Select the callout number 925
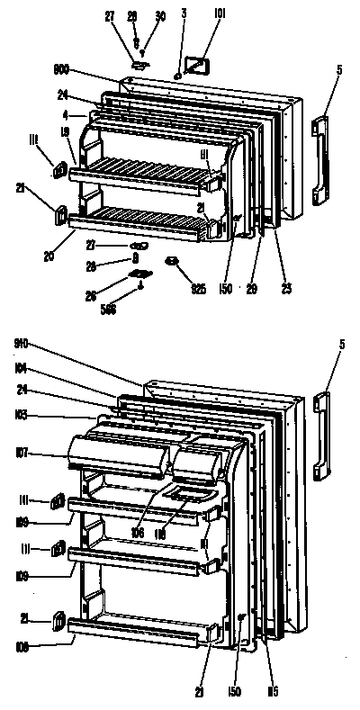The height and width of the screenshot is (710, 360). tap(197, 289)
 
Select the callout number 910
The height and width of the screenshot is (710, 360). tap(22, 343)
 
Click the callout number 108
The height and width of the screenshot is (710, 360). tap(22, 644)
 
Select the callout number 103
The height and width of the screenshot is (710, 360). tap(22, 416)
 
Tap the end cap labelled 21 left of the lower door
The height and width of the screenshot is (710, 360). tap(58, 620)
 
